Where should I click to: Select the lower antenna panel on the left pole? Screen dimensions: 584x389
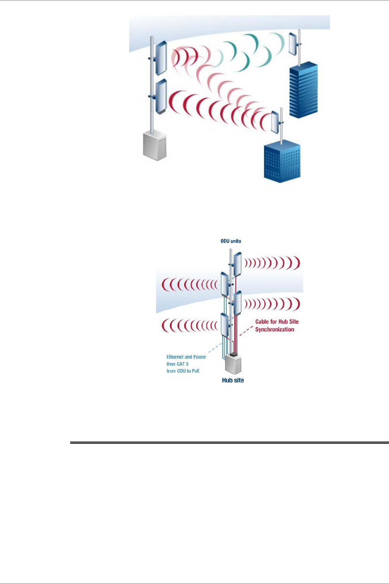click(x=160, y=97)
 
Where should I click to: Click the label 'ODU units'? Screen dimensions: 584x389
click(x=230, y=241)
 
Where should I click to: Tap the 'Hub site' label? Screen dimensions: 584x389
click(x=233, y=380)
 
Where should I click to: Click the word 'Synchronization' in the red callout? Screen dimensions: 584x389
click(x=275, y=329)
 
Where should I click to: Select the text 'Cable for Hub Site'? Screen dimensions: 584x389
click(x=277, y=322)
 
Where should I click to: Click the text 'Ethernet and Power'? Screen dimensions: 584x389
click(x=186, y=357)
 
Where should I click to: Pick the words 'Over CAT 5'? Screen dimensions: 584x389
click(x=178, y=364)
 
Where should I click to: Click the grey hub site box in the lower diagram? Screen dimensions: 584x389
click(x=233, y=365)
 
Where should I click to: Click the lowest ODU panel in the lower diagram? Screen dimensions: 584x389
click(x=225, y=325)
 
